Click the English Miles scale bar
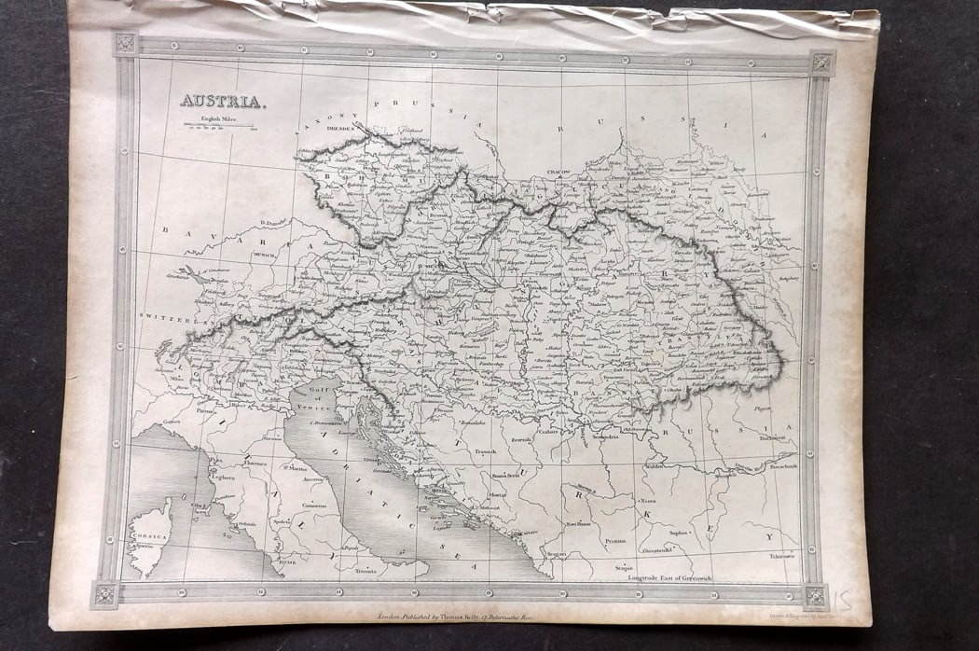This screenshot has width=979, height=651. (x=219, y=125)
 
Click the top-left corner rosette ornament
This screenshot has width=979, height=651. (x=125, y=43)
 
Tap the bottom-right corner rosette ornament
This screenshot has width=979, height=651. (x=816, y=595)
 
